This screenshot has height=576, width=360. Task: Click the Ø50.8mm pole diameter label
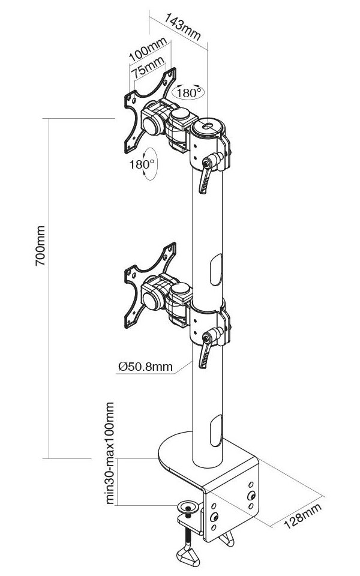145,367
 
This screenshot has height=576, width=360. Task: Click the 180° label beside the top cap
191,93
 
